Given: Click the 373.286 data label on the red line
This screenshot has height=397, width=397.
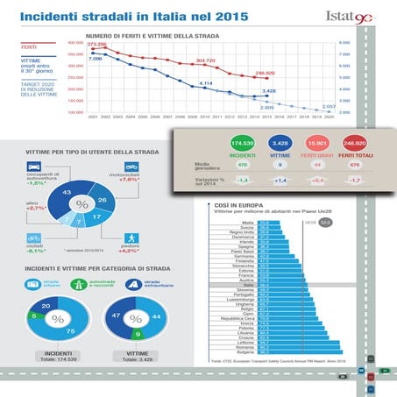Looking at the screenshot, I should pyautogui.click(x=99, y=43).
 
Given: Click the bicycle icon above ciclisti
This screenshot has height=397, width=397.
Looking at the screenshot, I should pyautogui.click(x=32, y=237).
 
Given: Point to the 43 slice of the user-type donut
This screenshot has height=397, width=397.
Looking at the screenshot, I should pyautogui.click(x=67, y=193).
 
